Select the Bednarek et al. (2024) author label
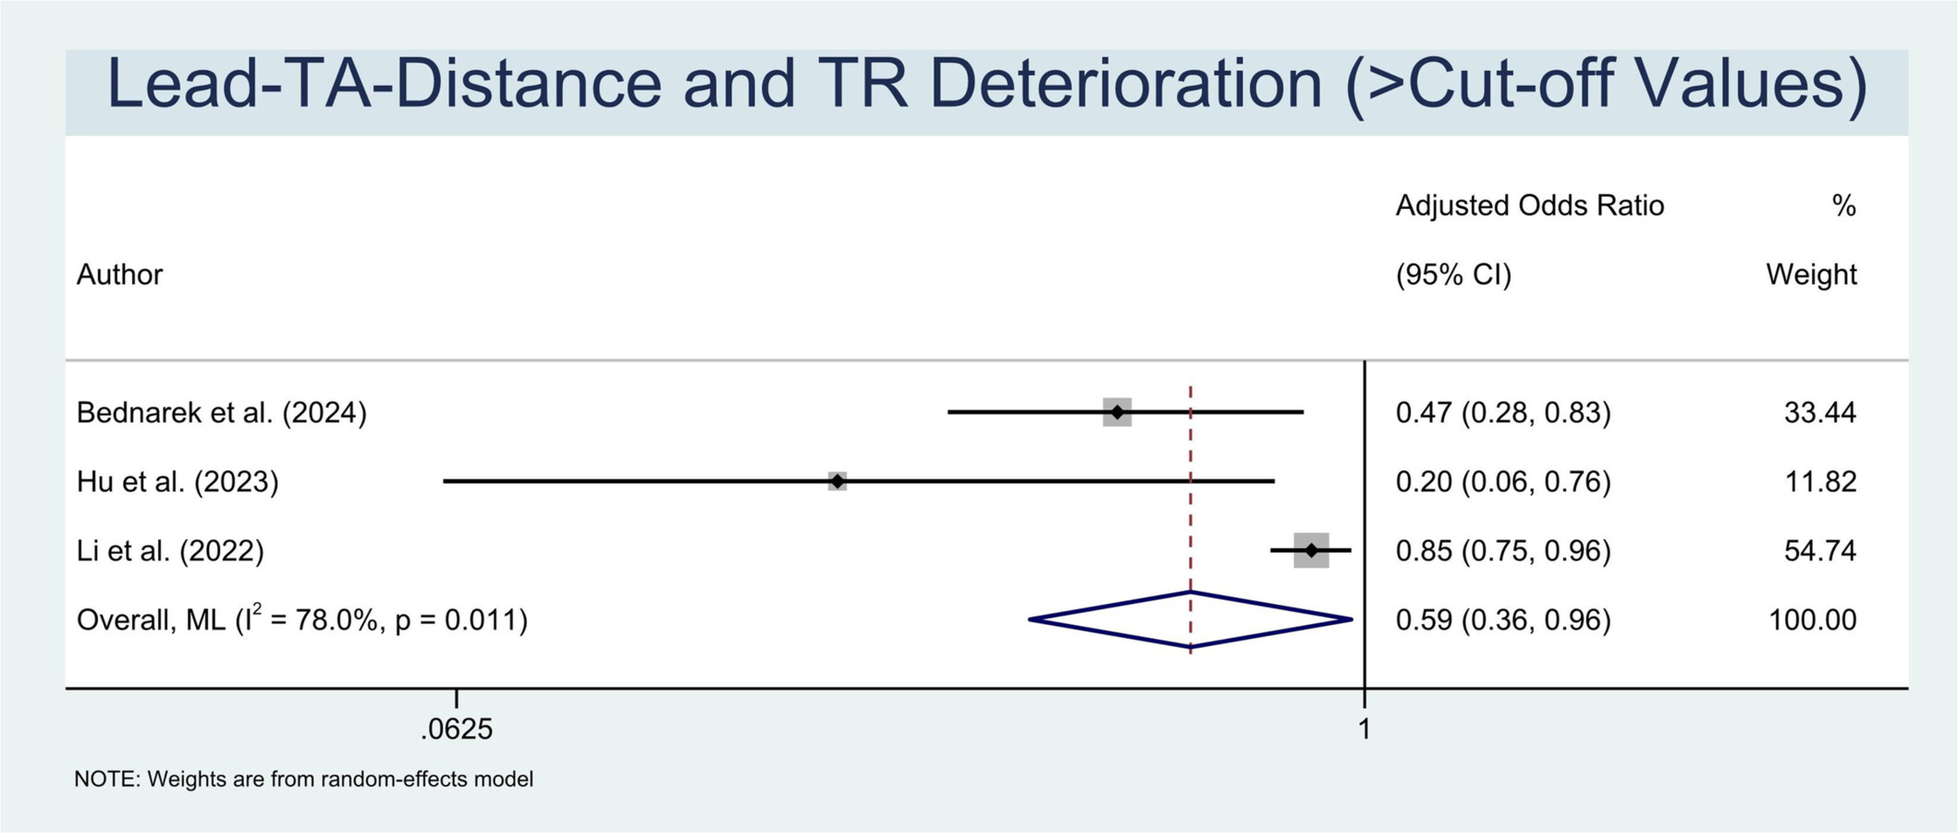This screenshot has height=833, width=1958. pyautogui.click(x=222, y=412)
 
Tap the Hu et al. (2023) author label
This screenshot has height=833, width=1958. pyautogui.click(x=177, y=482)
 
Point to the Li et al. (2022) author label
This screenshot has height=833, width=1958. pyautogui.click(x=170, y=551)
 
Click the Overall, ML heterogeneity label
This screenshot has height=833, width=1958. pyautogui.click(x=302, y=619)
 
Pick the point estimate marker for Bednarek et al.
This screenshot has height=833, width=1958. pyautogui.click(x=1117, y=411)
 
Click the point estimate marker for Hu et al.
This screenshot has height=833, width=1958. pyautogui.click(x=837, y=481)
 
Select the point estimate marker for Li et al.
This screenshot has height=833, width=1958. pyautogui.click(x=1311, y=550)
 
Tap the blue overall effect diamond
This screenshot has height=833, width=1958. pyautogui.click(x=1191, y=619)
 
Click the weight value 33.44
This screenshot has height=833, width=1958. pyautogui.click(x=1819, y=412)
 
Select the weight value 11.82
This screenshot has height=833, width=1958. pyautogui.click(x=1819, y=482)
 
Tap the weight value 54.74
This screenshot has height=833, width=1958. pyautogui.click(x=1819, y=551)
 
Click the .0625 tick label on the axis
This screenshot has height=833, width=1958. pyautogui.click(x=457, y=729)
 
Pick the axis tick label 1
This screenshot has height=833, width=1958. pyautogui.click(x=1364, y=729)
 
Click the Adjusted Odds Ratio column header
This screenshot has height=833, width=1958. pyautogui.click(x=1530, y=205)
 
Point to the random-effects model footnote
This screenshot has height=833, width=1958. pyautogui.click(x=304, y=779)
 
